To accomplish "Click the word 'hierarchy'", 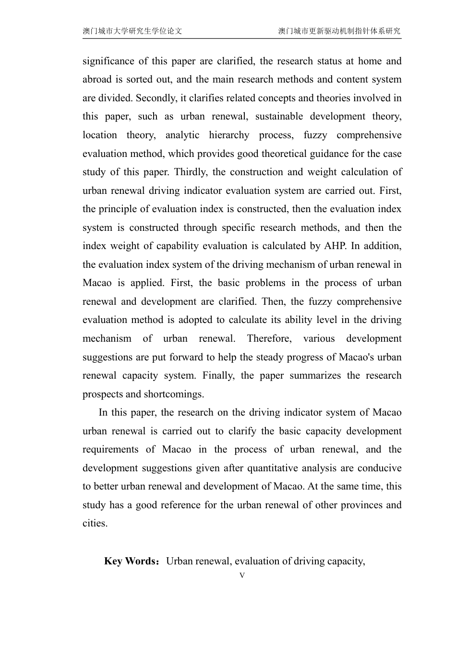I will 229,135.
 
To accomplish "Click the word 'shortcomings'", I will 174,394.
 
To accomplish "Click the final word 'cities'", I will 95,523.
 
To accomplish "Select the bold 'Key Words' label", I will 131,561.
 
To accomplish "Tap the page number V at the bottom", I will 242,575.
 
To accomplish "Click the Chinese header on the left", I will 132,31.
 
